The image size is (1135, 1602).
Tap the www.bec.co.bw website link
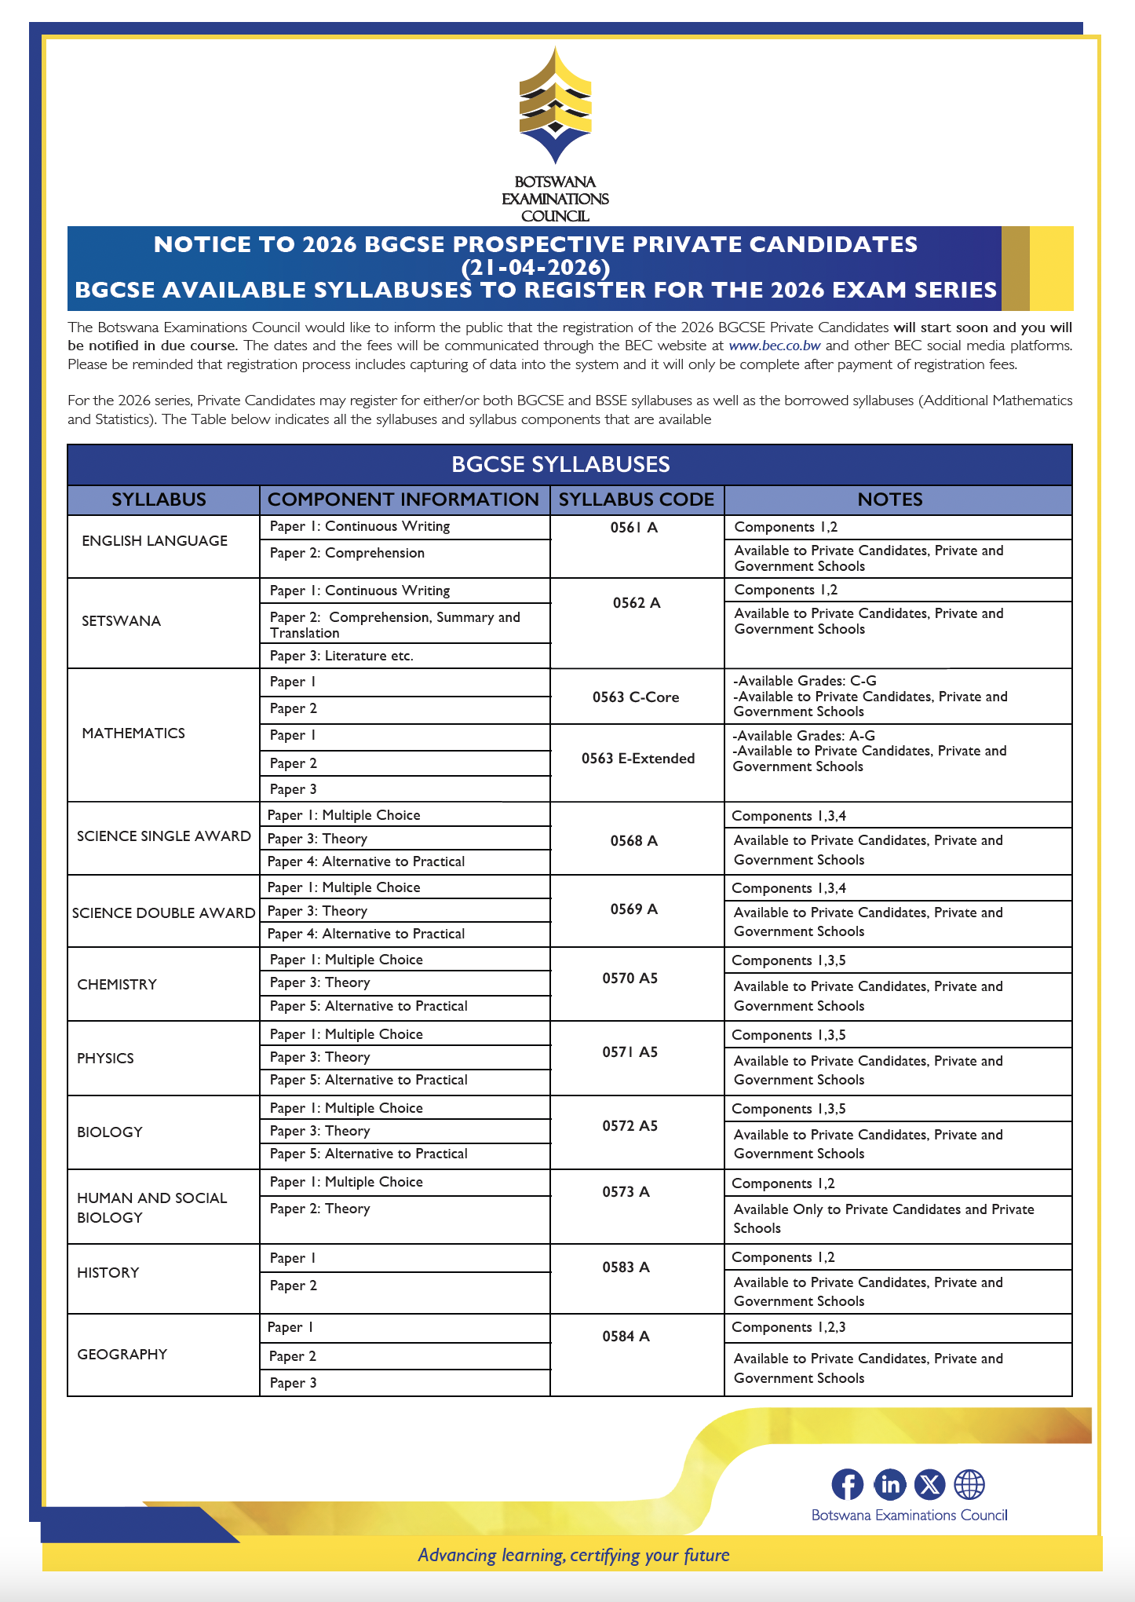coord(774,346)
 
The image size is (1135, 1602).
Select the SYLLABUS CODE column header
coord(636,499)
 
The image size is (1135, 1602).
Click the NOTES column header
coord(889,499)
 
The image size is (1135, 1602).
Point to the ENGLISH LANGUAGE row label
coord(155,541)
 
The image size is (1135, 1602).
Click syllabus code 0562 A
coord(636,603)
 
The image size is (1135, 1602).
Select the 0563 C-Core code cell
coord(636,697)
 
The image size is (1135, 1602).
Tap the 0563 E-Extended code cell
coord(637,759)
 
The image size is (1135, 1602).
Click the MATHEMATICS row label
coord(133,733)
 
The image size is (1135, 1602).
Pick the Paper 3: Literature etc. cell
coord(341,656)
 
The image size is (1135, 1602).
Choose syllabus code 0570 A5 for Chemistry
coord(630,978)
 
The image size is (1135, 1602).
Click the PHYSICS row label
coord(105,1059)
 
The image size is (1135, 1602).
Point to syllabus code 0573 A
coord(626,1192)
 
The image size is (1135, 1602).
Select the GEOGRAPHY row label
coord(122,1355)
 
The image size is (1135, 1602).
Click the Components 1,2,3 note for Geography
coord(788,1328)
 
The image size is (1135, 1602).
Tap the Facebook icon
coord(847,1485)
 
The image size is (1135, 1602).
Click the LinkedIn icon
coord(889,1485)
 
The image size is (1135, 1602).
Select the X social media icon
coord(930,1485)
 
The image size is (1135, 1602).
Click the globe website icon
coord(969,1485)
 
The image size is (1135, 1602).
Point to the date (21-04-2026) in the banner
coord(535,268)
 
